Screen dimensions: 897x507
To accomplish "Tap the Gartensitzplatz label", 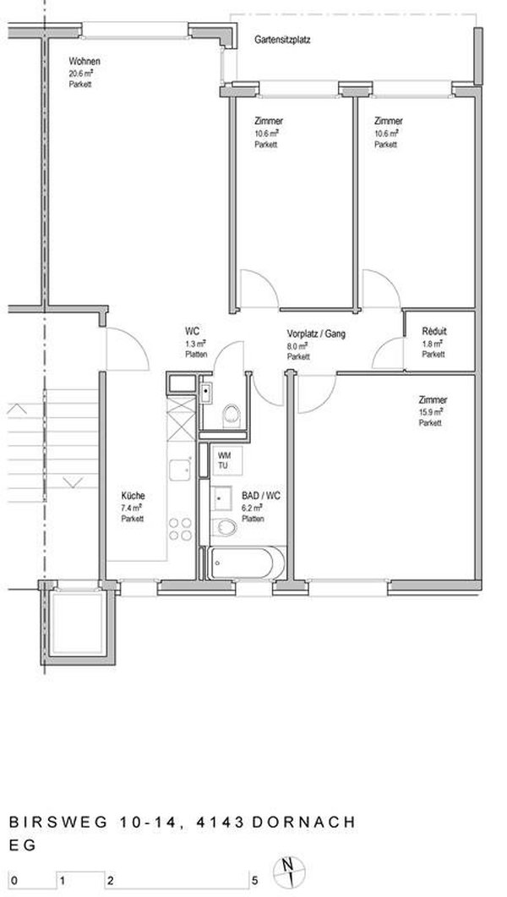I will pos(282,39).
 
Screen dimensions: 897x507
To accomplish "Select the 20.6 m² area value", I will pos(82,74).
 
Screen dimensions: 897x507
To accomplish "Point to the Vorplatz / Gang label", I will pos(316,333).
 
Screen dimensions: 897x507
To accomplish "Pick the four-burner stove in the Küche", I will pos(178,528).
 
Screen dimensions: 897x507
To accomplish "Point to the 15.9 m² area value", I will pos(431,411).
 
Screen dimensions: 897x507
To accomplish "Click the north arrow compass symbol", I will pos(290,869).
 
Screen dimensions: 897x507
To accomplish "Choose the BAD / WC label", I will pos(255,497).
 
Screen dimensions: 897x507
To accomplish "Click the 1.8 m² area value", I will pos(431,344).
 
